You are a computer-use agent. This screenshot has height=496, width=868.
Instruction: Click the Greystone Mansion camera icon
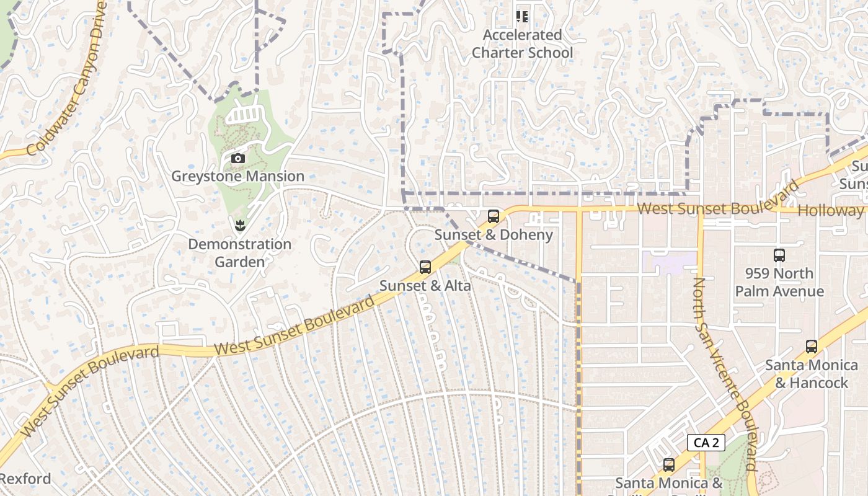[x=238, y=159]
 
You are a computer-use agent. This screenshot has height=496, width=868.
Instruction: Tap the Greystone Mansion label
[x=238, y=176]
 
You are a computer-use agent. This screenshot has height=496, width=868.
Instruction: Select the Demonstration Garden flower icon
[x=240, y=226]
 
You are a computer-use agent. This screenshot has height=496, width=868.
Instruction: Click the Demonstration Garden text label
[x=240, y=253]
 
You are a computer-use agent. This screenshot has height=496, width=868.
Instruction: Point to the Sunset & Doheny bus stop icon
[x=494, y=216]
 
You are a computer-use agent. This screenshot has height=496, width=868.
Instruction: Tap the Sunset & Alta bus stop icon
[x=425, y=267]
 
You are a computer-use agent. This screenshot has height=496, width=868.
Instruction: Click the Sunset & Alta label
[x=425, y=286]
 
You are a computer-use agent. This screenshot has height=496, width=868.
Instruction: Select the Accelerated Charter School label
[x=523, y=44]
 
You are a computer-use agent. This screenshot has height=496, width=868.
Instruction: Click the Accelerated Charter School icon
[x=523, y=16]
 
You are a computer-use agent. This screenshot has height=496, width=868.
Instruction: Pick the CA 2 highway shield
[x=706, y=443]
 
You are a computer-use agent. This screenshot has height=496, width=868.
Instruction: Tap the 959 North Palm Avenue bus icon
[x=779, y=255]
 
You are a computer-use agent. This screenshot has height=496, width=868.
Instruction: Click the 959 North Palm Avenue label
[x=779, y=282]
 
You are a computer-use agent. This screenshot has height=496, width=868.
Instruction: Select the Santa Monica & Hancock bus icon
[x=812, y=347]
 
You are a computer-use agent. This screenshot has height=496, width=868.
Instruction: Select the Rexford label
[x=25, y=479]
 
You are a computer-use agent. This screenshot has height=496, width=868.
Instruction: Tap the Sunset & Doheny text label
[x=494, y=235]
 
